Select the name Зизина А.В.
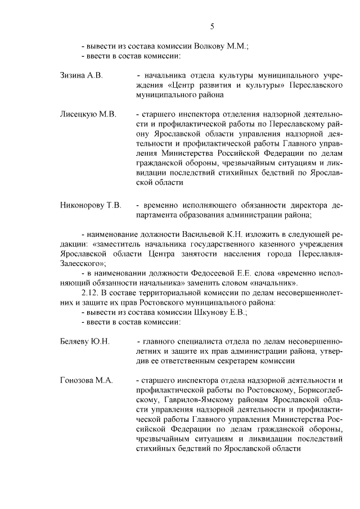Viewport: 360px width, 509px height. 81,75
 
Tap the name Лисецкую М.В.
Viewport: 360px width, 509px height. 88,114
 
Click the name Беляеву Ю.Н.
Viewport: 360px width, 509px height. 84,341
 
